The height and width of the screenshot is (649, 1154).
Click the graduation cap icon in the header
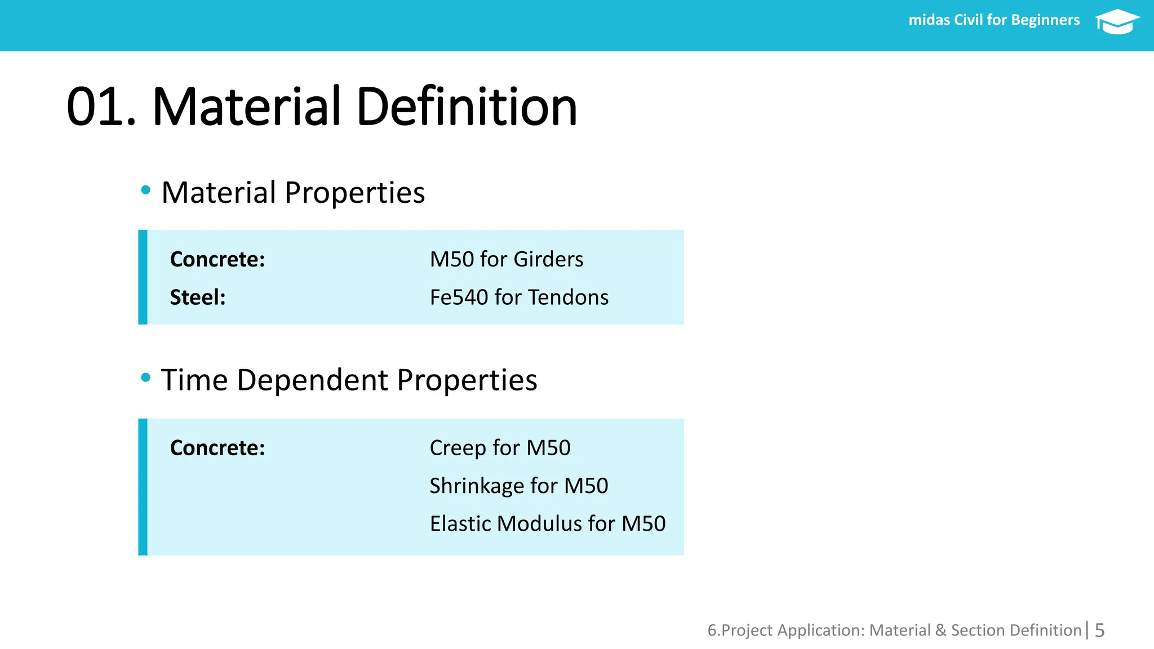coord(1117,21)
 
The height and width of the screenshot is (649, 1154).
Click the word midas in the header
coord(929,20)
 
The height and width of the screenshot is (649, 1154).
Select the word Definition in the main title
coord(467,107)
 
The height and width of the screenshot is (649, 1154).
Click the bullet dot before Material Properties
coord(146,190)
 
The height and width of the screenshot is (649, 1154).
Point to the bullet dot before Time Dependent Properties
coord(146,377)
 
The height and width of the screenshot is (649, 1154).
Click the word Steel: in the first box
coord(198,297)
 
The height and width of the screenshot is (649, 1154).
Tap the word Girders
coord(548,260)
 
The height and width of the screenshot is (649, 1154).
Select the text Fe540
coord(459,297)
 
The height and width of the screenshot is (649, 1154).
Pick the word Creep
coord(458,448)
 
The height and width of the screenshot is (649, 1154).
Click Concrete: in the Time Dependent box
coord(218,448)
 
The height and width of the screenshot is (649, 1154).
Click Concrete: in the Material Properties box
coord(218,259)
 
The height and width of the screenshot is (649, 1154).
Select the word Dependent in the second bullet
coord(313,380)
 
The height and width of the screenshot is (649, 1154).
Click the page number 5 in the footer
coord(1099,630)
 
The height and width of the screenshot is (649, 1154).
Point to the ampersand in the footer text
coord(940,630)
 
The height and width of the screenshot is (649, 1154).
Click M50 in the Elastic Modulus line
coord(643,524)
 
